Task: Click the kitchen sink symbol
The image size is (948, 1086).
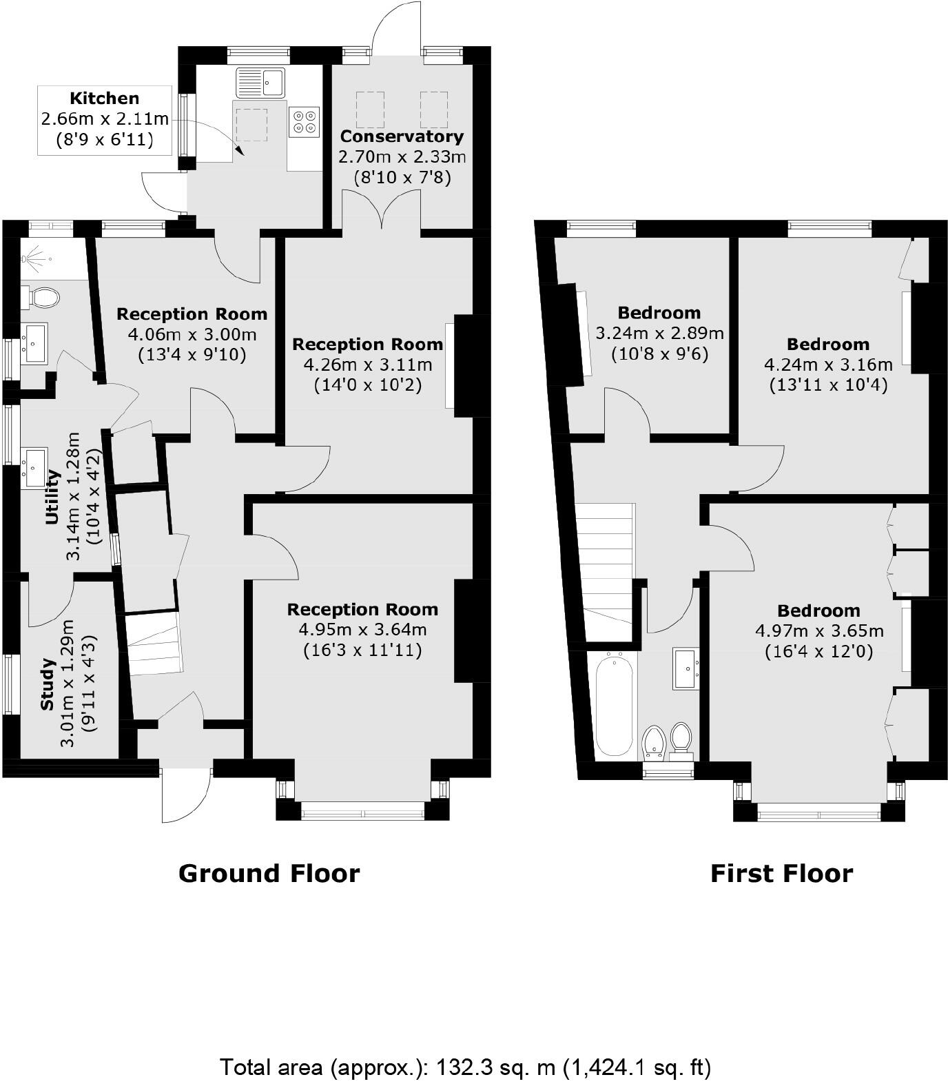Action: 260,82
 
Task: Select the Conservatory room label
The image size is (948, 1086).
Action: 402,136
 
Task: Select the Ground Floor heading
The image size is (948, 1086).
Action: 269,873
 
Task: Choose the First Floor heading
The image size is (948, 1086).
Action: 781,873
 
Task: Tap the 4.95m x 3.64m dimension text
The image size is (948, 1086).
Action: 362,629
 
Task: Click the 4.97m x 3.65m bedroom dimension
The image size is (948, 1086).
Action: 819,631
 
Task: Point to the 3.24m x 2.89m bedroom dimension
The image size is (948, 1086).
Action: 659,334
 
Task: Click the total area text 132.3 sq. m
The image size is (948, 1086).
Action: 465,1067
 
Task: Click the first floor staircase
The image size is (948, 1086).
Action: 606,562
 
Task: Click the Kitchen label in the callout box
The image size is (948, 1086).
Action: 105,99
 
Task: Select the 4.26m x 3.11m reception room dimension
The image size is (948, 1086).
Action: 367,364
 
